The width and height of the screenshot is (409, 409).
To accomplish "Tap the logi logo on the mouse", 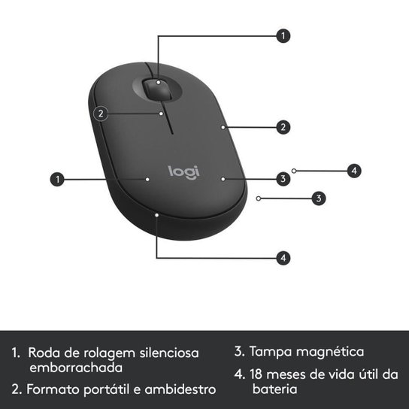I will pyautogui.click(x=183, y=171).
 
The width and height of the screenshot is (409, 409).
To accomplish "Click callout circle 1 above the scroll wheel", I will pyautogui.click(x=283, y=35).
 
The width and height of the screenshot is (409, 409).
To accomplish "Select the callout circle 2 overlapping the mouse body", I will pyautogui.click(x=102, y=114).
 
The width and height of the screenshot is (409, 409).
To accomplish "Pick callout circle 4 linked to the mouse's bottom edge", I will pyautogui.click(x=283, y=257).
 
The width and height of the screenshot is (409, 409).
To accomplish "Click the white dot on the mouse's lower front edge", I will pyautogui.click(x=156, y=214).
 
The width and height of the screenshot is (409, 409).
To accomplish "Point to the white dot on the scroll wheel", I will pyautogui.click(x=159, y=81).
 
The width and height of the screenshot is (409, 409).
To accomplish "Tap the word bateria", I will pyautogui.click(x=275, y=389).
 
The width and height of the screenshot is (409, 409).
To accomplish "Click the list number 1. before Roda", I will pyautogui.click(x=16, y=352).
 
